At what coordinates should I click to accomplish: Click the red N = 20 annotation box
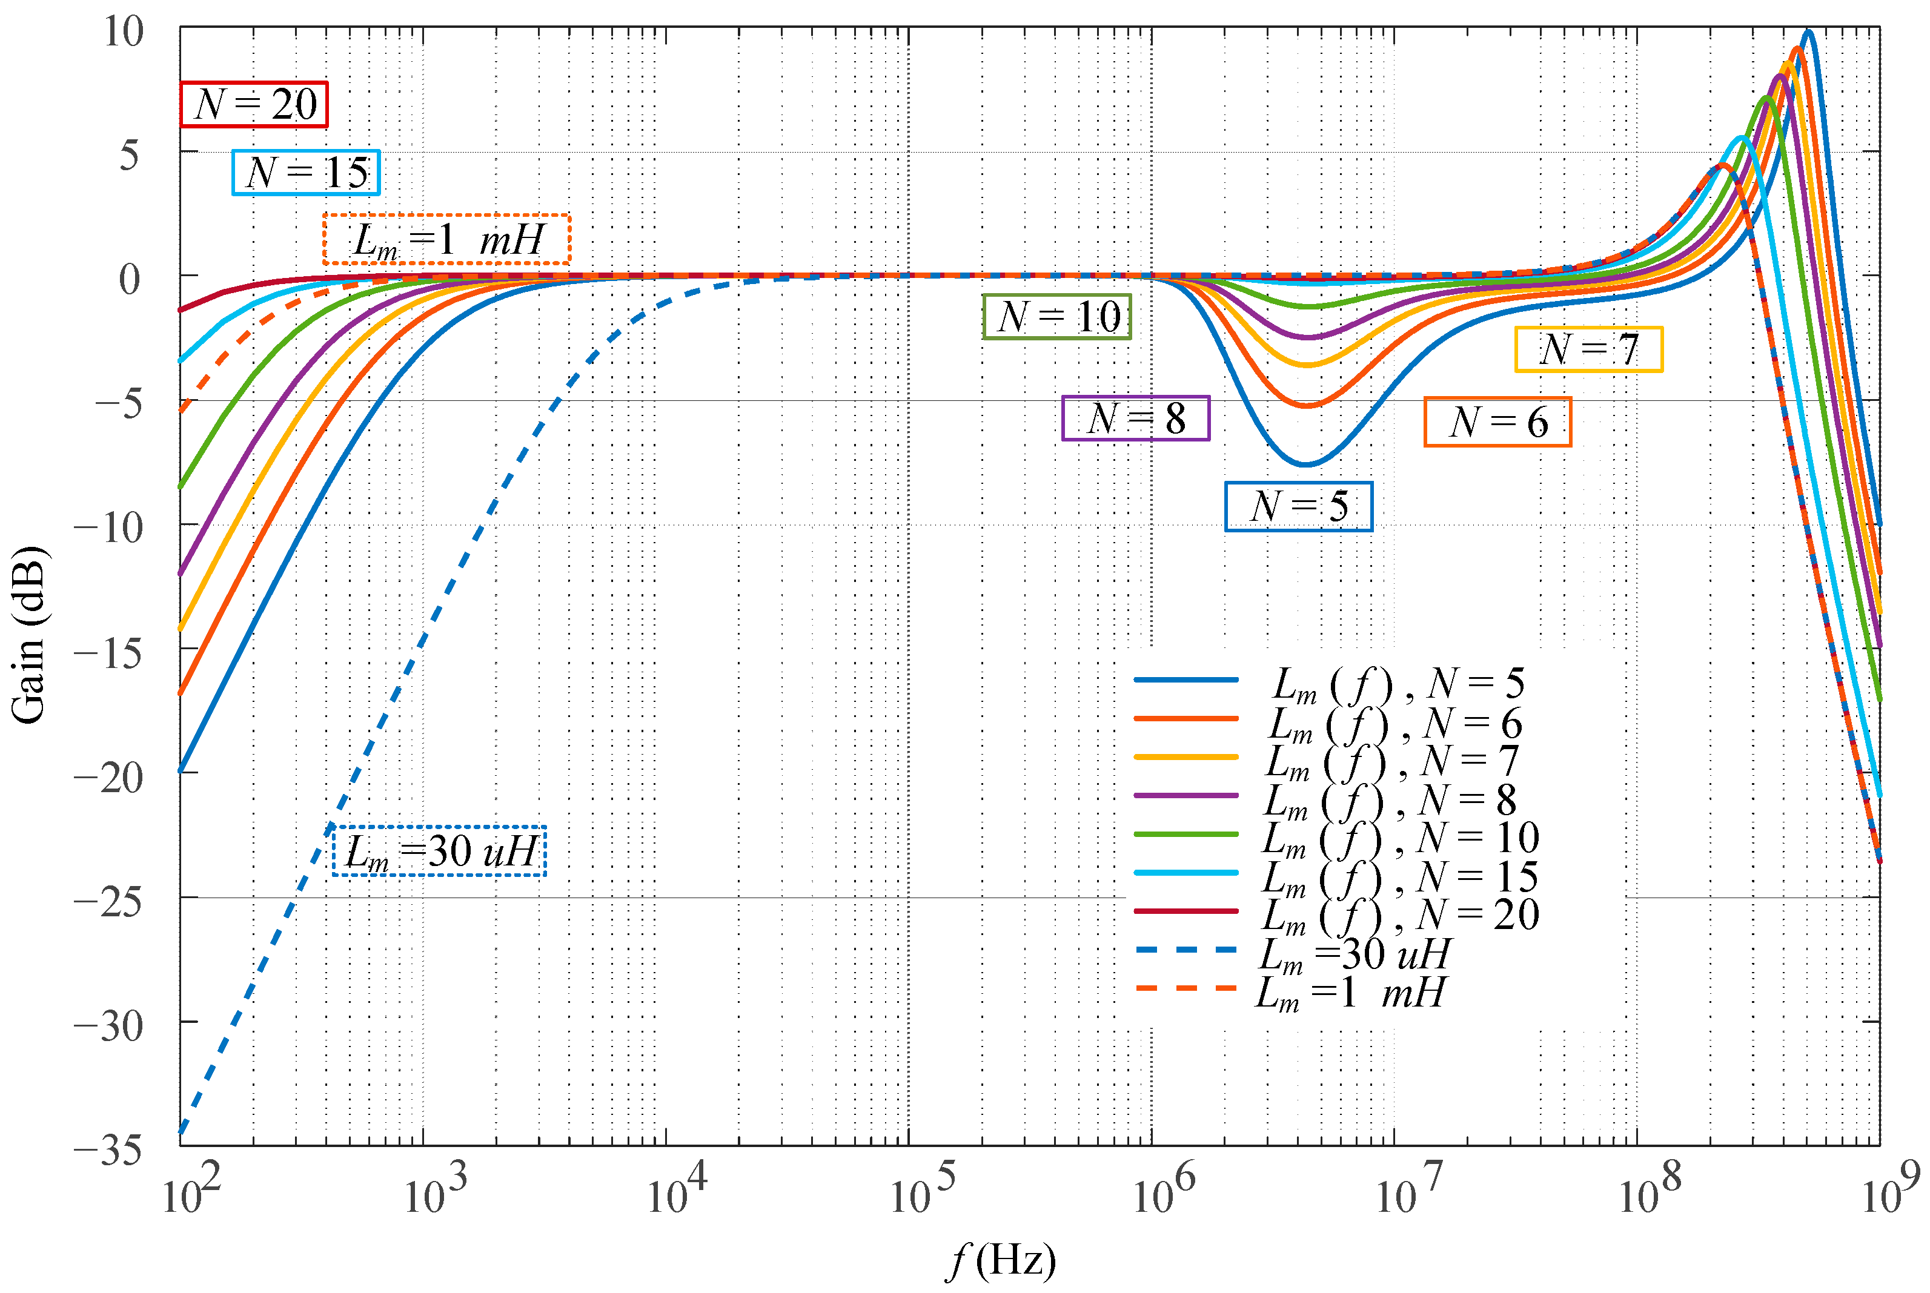click(254, 105)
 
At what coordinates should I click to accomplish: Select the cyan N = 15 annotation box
click(306, 173)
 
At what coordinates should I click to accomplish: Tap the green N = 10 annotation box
click(1056, 317)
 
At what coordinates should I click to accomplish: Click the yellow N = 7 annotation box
click(1588, 349)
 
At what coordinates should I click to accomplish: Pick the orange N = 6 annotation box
click(1497, 422)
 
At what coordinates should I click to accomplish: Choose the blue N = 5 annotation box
click(1298, 506)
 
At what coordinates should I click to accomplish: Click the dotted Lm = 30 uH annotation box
click(439, 851)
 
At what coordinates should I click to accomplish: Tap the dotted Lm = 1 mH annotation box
click(446, 240)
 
